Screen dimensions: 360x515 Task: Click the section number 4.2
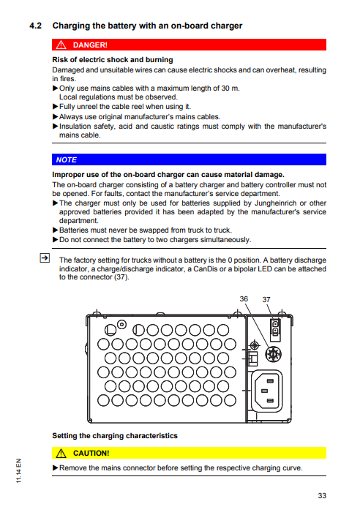pos(35,26)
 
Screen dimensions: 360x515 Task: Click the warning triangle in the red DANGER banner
pos(61,45)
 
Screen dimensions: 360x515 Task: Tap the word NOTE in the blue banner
pos(67,160)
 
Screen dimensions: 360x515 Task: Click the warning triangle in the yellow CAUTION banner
pos(61,454)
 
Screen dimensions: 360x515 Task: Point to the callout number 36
pos(244,299)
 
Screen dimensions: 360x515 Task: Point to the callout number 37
pos(266,299)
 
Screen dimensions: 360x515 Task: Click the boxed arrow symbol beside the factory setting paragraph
pos(45,257)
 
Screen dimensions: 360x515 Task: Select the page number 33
pos(322,496)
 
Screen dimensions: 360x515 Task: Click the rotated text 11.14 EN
pos(19,470)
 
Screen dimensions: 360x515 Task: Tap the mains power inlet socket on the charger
pos(267,391)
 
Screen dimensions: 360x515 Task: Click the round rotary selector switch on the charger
pos(273,355)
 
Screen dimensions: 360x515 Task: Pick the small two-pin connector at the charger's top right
pos(275,326)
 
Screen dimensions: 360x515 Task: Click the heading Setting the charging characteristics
pos(115,435)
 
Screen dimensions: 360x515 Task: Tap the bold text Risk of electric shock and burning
pos(113,60)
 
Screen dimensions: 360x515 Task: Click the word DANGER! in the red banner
pos(90,45)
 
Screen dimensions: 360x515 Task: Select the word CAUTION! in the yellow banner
pos(91,454)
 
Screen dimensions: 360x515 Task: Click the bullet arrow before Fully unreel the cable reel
pos(56,106)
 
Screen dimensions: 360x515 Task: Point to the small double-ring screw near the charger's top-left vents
pos(121,325)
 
